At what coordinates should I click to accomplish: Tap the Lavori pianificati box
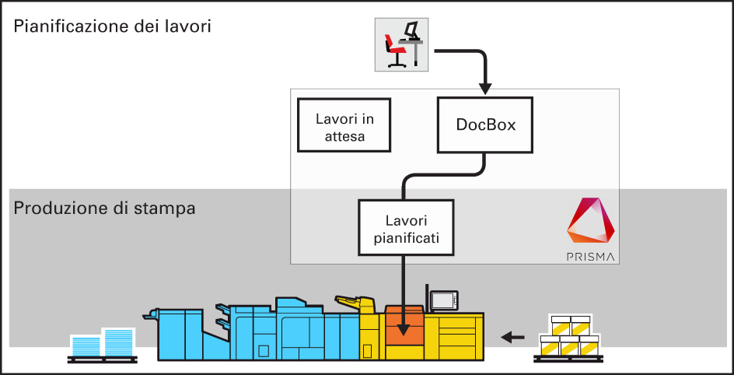(405, 228)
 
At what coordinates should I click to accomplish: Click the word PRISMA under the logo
(590, 255)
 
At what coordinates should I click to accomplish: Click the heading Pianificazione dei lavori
(113, 26)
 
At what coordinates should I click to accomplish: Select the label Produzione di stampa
(104, 209)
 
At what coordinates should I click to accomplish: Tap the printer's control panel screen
(444, 300)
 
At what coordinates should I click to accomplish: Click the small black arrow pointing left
(512, 337)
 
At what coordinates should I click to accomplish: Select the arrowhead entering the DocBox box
(485, 87)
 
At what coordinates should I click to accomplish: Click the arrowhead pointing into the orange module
(403, 331)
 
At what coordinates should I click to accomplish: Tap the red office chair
(393, 52)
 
